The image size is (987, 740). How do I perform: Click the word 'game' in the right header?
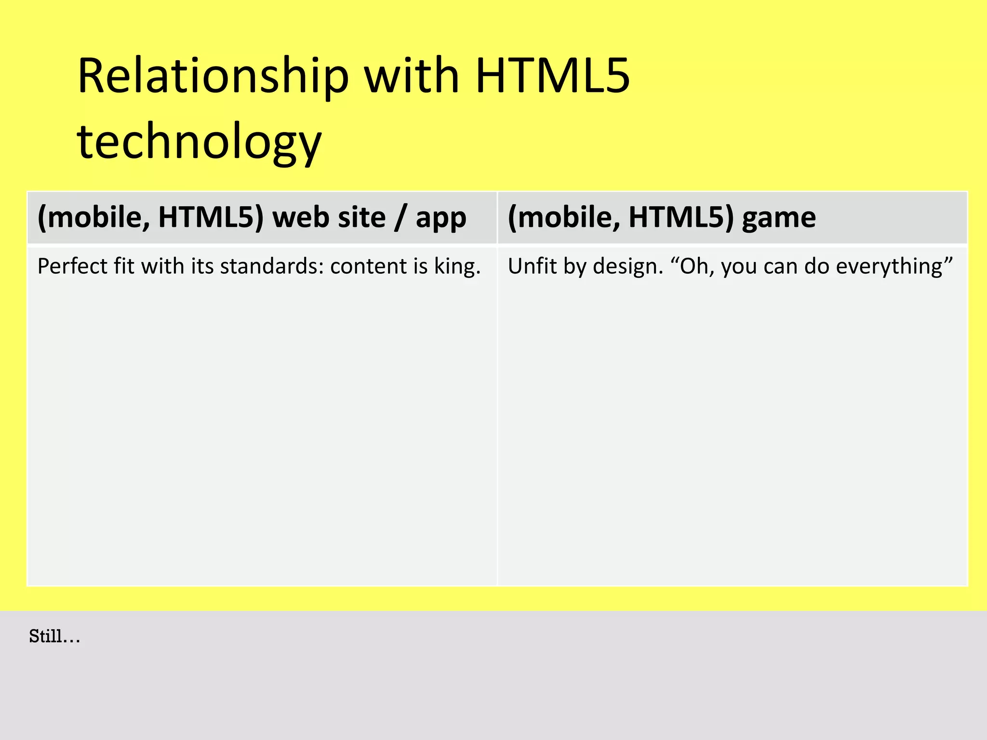(x=779, y=217)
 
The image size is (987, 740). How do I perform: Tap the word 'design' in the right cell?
(x=627, y=267)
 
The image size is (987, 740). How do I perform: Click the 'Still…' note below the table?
(x=54, y=636)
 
